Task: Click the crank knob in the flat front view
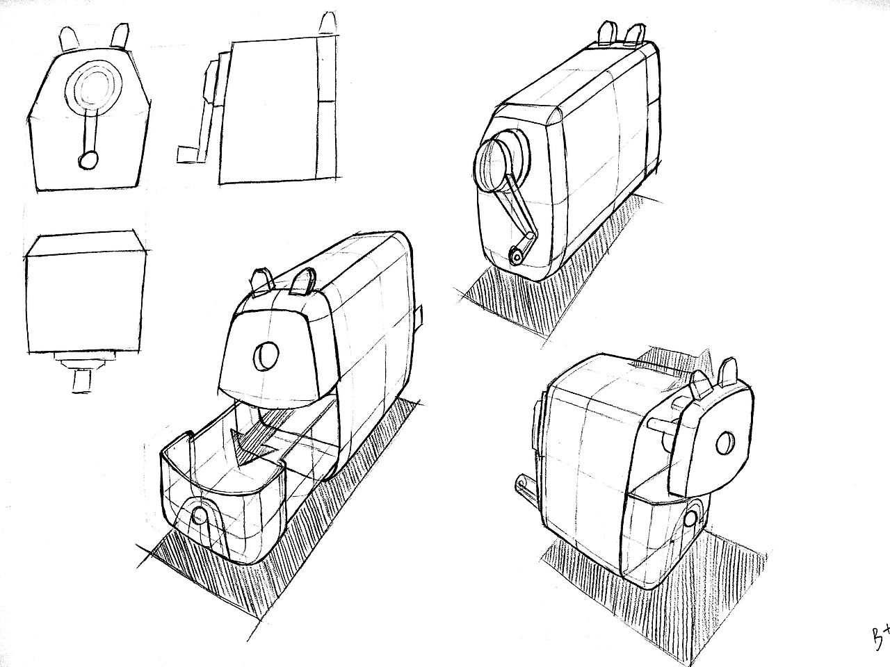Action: point(88,160)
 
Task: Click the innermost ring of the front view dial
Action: point(95,88)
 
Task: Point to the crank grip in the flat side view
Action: point(186,154)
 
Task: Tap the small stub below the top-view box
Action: point(81,381)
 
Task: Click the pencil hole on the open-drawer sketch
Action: point(266,356)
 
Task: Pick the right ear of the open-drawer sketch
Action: point(303,281)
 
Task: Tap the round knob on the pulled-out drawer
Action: point(199,515)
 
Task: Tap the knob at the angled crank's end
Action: point(517,256)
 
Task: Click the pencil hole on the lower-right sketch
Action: point(725,443)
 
